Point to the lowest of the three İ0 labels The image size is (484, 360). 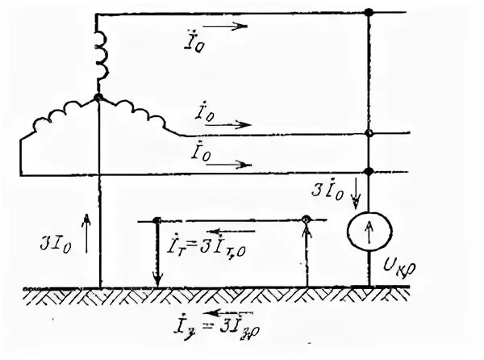[x=200, y=151]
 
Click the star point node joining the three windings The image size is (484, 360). [x=99, y=97]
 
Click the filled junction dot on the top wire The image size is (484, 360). [x=369, y=13]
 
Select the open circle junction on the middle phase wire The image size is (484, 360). [x=369, y=133]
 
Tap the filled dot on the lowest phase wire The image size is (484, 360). [x=369, y=171]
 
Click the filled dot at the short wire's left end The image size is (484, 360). [x=157, y=220]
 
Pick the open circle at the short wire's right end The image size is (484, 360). [x=306, y=220]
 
